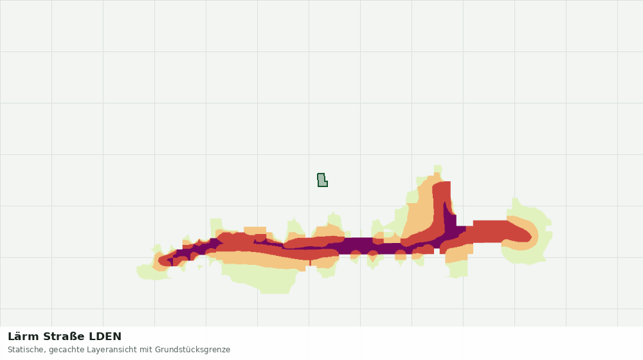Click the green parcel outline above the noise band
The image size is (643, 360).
pos(322,180)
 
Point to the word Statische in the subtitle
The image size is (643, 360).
pos(25,350)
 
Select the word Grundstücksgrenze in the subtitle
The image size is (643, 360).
pos(192,350)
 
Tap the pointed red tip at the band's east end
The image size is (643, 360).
pos(530,236)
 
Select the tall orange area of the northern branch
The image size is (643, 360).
pos(421,209)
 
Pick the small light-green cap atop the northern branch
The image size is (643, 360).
pos(437,169)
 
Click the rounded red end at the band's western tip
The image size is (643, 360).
pos(164,260)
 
